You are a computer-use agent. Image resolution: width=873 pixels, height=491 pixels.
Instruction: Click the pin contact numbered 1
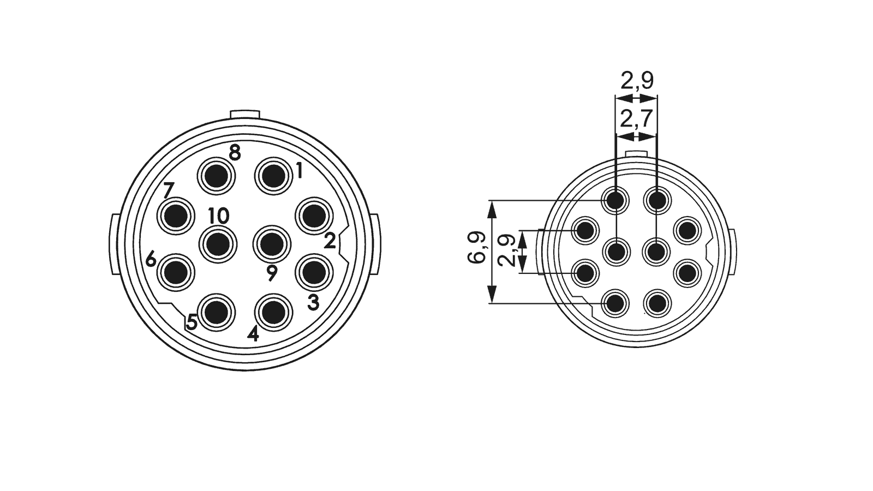coord(273,176)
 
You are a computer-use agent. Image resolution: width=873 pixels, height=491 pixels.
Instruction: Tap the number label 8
coord(235,153)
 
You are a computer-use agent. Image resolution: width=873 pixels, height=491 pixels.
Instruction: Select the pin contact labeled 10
coord(218,243)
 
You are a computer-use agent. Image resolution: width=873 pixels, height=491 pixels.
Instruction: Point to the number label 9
coord(272,273)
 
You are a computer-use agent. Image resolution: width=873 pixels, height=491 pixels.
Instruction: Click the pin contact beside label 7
coord(175,216)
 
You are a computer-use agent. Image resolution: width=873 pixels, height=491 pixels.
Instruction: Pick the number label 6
coord(151,259)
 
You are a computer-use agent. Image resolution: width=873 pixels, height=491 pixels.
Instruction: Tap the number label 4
coord(253,333)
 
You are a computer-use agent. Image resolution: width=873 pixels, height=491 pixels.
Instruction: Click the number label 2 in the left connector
coord(330,241)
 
